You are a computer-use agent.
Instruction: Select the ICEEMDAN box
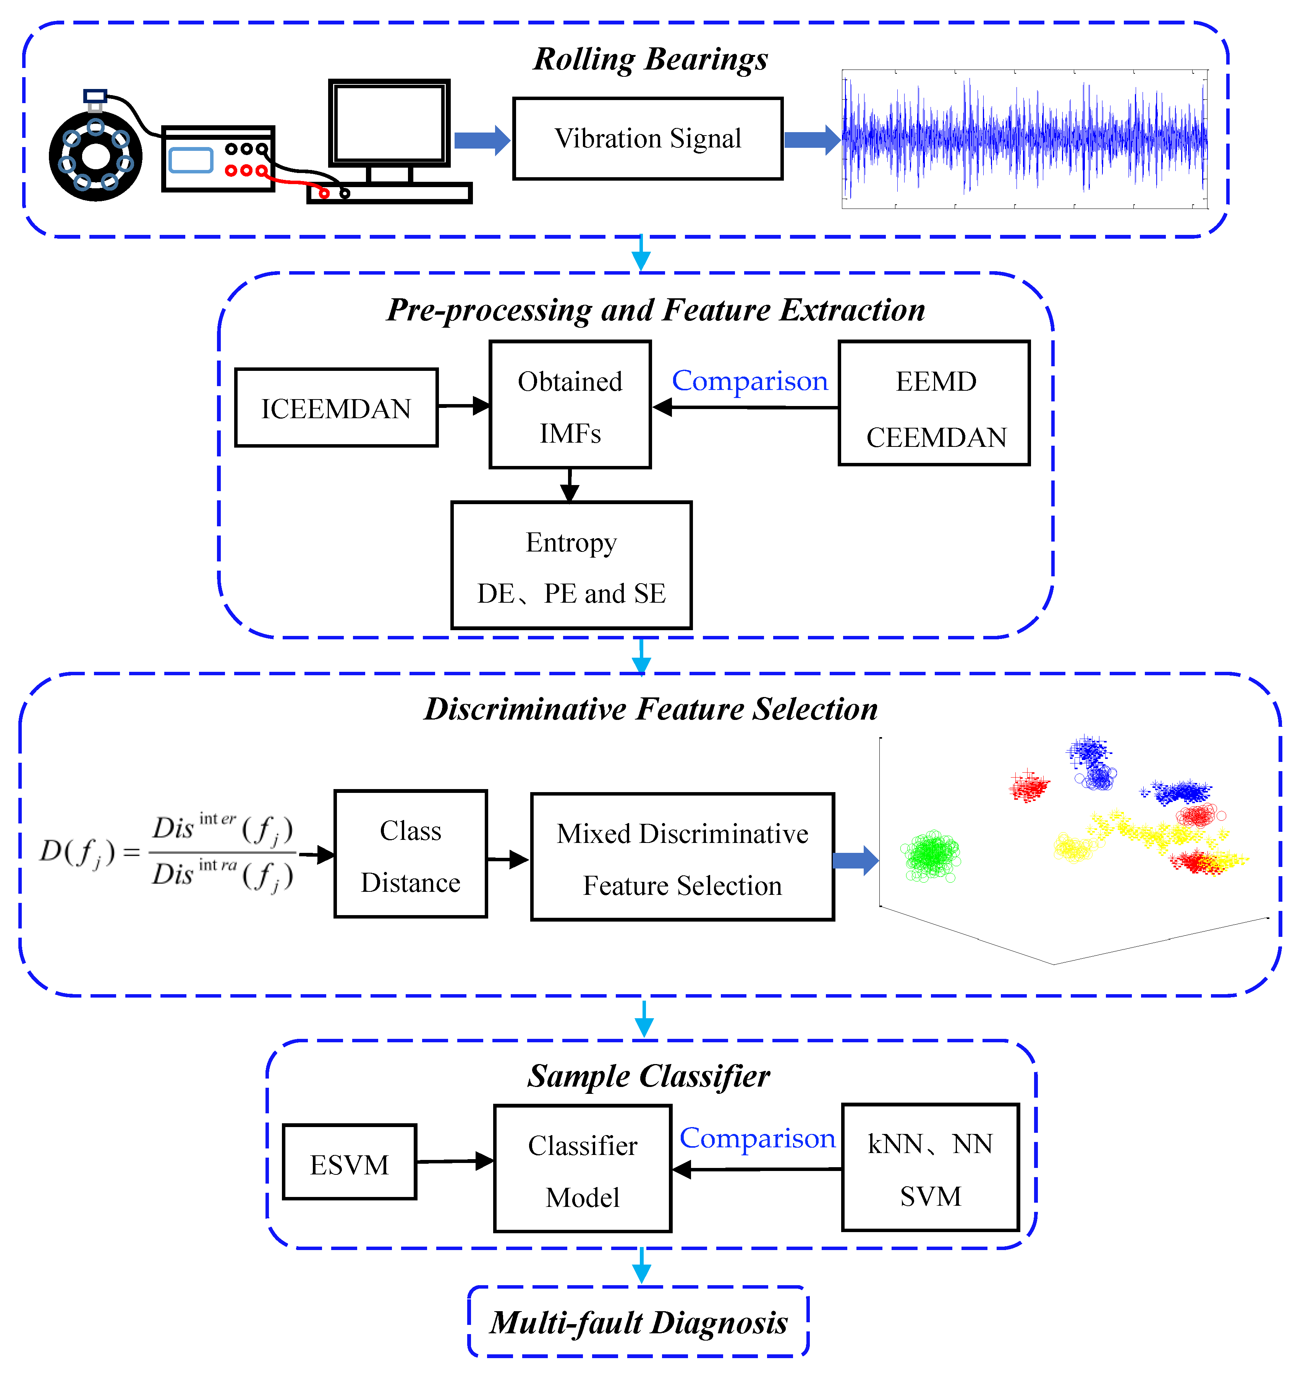point(336,408)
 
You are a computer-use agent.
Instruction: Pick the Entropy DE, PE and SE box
point(571,565)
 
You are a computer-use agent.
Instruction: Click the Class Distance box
point(411,854)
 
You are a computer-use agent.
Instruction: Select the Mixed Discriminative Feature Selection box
point(682,857)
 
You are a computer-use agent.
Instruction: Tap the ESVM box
point(350,1162)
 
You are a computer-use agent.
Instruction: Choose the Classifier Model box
point(582,1169)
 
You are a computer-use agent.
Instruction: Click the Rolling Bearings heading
point(650,59)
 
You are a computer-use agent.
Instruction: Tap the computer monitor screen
point(389,123)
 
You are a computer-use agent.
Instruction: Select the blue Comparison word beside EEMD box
point(749,381)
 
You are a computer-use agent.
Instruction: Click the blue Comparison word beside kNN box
point(757,1138)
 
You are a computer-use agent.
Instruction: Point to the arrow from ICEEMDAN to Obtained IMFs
point(463,406)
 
